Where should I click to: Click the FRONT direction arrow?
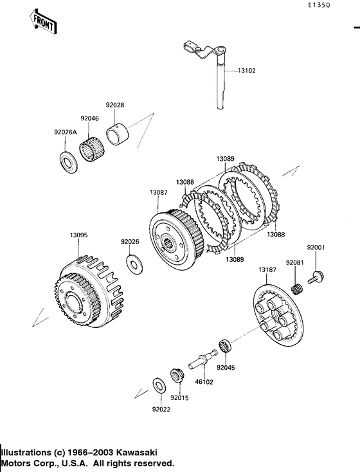tap(43, 21)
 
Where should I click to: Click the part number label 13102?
tap(246, 71)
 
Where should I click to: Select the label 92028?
tap(114, 105)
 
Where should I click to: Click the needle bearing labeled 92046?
tap(92, 149)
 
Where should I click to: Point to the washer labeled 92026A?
tap(67, 163)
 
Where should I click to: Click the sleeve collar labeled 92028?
tap(118, 135)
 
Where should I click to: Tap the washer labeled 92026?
tap(134, 264)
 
